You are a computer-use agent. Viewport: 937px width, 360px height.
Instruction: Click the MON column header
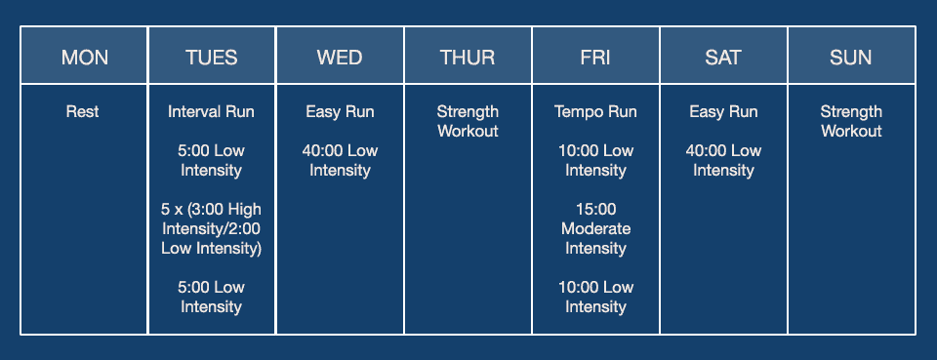point(85,58)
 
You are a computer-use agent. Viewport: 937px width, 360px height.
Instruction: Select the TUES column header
point(212,58)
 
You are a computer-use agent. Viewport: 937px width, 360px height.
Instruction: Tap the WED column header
point(340,58)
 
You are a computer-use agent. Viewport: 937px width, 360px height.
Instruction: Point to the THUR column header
point(468,58)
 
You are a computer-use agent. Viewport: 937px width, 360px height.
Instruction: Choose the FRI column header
point(595,58)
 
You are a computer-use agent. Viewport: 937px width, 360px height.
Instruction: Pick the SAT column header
point(723,58)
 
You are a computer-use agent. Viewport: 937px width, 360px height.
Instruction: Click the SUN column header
point(851,58)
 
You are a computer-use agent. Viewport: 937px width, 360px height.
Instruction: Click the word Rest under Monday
point(83,112)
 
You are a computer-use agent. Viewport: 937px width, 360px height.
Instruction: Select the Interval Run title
point(211,112)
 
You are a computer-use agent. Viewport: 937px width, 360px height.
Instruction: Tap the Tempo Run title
point(595,112)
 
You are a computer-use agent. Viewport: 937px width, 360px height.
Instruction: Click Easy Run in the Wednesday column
point(340,112)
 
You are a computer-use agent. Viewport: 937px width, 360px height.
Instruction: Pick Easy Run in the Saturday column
point(723,112)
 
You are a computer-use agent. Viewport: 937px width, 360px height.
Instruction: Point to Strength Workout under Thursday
point(468,122)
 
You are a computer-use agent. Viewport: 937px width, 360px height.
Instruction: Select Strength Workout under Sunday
point(851,122)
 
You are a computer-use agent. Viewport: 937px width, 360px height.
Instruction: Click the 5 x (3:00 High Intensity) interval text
point(211,228)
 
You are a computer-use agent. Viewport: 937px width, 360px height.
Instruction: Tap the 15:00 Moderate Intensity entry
point(595,228)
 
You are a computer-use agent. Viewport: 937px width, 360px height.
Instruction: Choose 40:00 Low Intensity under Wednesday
point(340,161)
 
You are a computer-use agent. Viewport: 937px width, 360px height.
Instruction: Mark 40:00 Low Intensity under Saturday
point(723,161)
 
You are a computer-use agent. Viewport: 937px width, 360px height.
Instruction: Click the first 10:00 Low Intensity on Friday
point(595,161)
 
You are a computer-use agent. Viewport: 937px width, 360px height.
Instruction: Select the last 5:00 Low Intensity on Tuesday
point(211,297)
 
